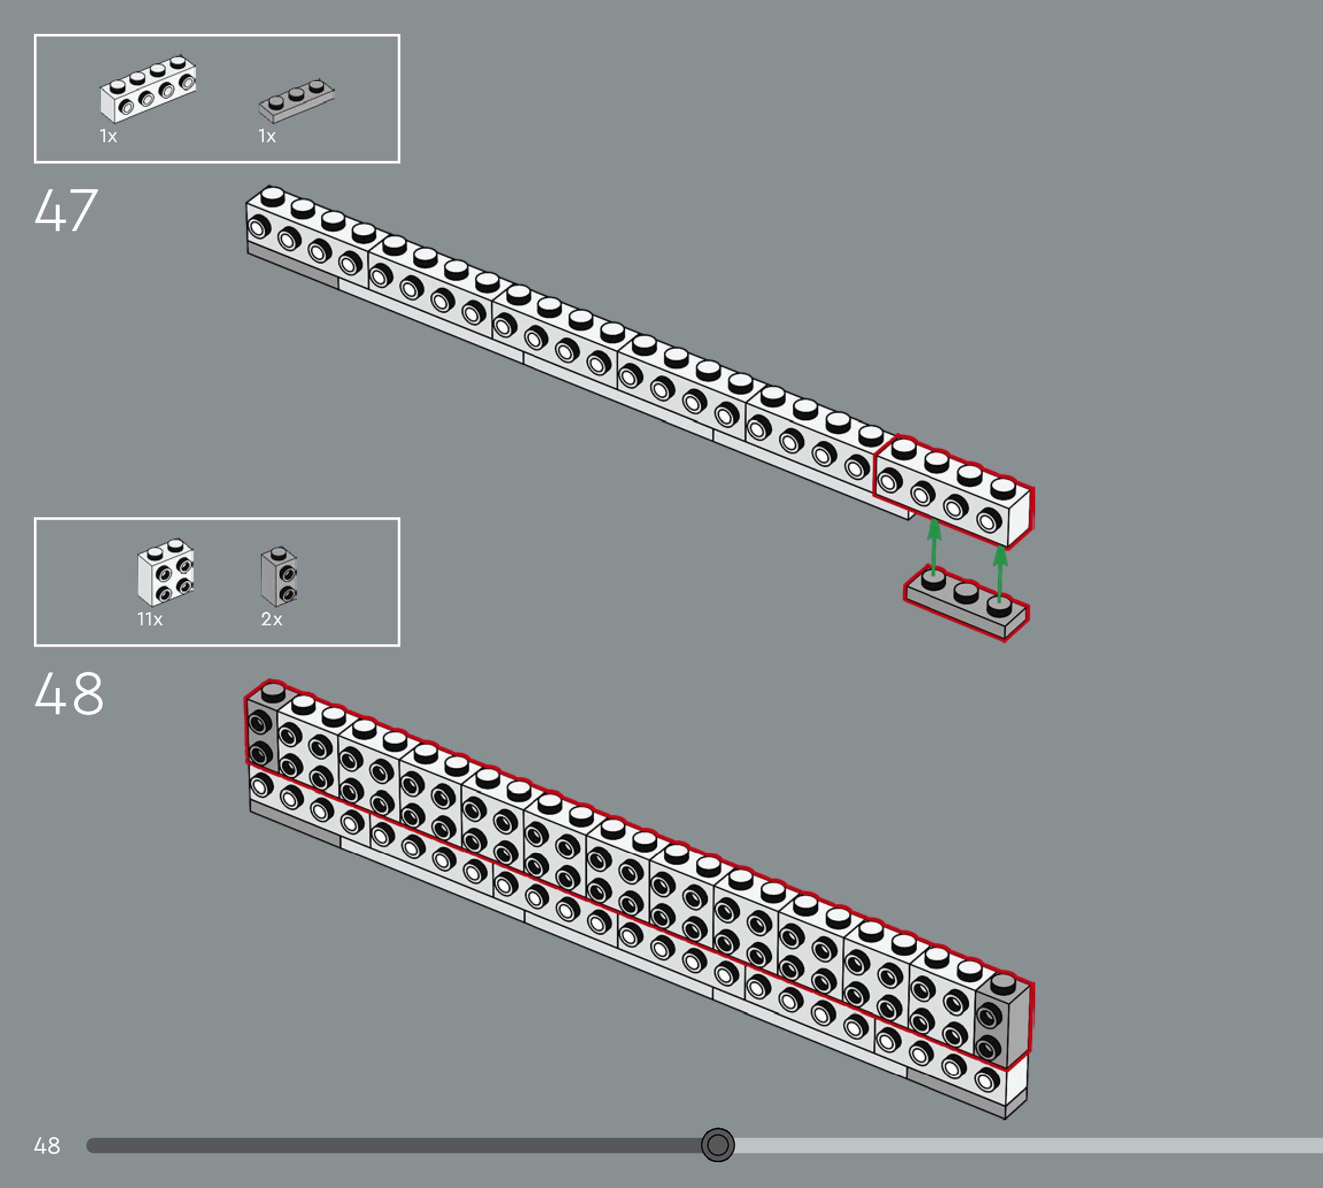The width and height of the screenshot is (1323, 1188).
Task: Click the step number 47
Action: click(66, 210)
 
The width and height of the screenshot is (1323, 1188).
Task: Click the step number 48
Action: click(68, 693)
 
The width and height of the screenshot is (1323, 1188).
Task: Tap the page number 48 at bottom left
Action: click(47, 1145)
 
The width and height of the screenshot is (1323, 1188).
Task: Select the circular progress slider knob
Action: click(718, 1145)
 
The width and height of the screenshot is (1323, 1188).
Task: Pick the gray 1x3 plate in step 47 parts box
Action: click(296, 100)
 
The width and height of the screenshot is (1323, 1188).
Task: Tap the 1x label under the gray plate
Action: click(267, 136)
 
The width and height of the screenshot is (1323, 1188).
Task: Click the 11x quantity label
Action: click(149, 619)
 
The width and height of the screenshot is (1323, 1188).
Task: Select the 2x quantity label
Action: click(271, 619)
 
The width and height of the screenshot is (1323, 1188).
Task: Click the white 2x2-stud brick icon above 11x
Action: click(165, 572)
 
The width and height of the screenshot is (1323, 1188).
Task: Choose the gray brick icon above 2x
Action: click(279, 576)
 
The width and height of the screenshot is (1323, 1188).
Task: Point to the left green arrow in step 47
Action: click(934, 545)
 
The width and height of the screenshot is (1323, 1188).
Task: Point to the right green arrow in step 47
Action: click(1000, 571)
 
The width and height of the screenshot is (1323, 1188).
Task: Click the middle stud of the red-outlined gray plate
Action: click(966, 592)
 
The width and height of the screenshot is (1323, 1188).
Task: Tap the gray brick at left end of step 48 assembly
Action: click(261, 728)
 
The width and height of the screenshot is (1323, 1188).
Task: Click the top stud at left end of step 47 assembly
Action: click(272, 196)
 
